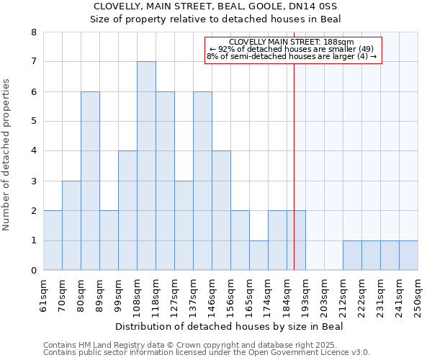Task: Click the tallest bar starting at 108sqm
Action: (146, 166)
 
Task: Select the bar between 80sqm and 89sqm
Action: (90, 181)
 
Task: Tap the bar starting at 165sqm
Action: (258, 256)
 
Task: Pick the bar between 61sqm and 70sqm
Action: (53, 240)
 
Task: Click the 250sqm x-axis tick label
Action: (418, 295)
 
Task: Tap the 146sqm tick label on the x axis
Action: (212, 295)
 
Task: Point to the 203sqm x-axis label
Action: (325, 295)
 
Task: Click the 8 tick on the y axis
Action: (33, 32)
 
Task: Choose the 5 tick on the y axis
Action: (33, 122)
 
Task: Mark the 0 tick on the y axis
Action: (33, 271)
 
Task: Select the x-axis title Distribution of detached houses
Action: (230, 327)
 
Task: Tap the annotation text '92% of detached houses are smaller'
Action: (292, 49)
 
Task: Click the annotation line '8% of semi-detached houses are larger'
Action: (292, 56)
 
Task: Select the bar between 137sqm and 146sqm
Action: (202, 181)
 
